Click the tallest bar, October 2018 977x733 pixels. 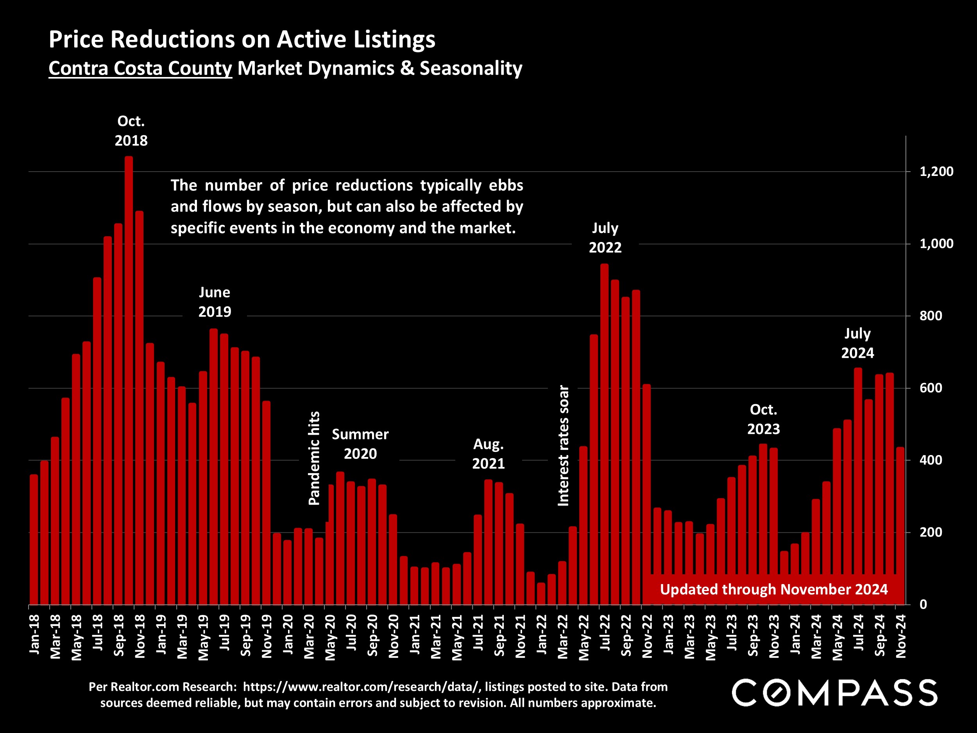click(129, 380)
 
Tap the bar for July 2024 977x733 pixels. click(858, 486)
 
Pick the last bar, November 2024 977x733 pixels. click(900, 526)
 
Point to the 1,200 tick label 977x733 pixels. click(936, 172)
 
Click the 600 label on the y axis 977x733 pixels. click(930, 388)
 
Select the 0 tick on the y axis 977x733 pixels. click(923, 604)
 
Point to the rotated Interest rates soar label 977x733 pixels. click(564, 445)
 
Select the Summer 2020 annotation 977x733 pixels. click(360, 444)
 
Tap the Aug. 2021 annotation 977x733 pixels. click(488, 454)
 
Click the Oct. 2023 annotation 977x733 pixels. click(763, 419)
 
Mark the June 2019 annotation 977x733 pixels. click(215, 302)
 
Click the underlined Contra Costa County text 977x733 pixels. click(140, 68)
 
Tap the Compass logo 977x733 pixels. click(834, 693)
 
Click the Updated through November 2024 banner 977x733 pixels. click(773, 590)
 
